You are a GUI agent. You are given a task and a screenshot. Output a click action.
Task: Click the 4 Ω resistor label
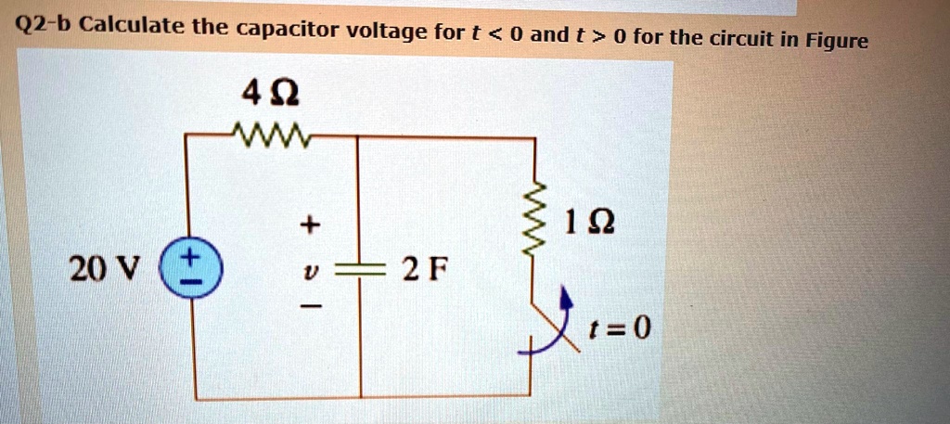tap(270, 95)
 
